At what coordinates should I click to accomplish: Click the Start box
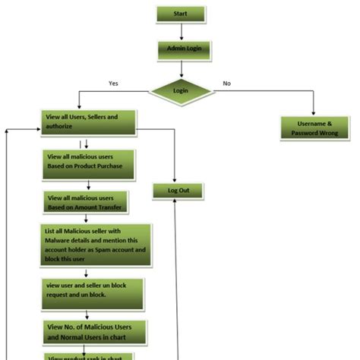click(181, 14)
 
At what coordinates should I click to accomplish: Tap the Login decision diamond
click(181, 91)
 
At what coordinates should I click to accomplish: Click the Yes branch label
click(114, 83)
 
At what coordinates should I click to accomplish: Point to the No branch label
click(226, 83)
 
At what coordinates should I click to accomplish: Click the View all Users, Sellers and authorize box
click(89, 122)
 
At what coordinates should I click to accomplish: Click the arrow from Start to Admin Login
click(182, 32)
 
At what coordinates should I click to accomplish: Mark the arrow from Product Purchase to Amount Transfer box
click(89, 184)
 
